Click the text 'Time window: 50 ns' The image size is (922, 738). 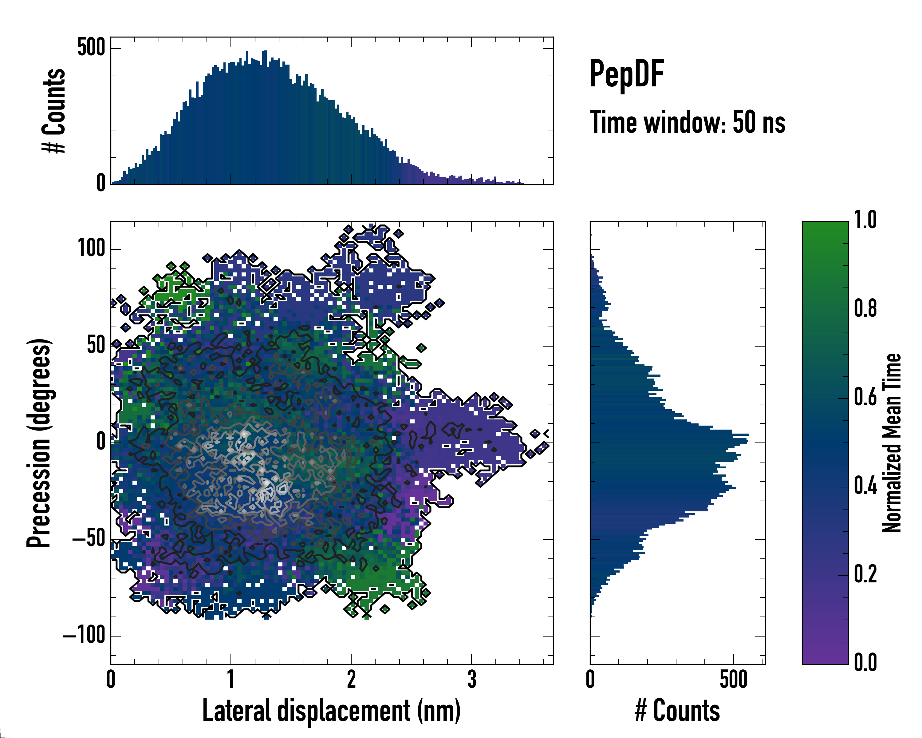pos(687,122)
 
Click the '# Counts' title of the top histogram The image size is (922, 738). pos(54,111)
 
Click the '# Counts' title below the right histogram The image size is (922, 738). pos(677,710)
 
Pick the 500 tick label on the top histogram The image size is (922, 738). pos(91,47)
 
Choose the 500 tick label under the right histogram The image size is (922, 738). pos(733,680)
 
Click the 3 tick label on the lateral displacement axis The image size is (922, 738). pos(471,680)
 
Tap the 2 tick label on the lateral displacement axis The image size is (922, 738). pos(351,680)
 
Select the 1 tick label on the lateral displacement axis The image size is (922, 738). pos(231,680)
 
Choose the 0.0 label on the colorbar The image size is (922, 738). pos(865,662)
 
